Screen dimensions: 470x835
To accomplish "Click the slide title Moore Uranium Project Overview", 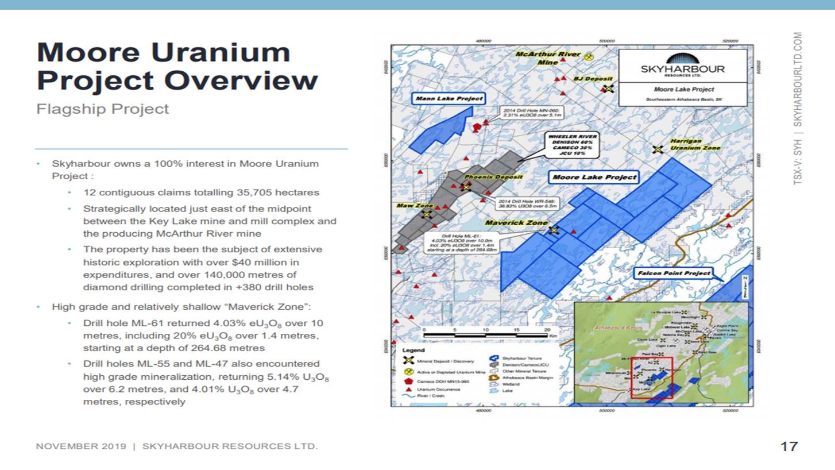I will coord(177,67).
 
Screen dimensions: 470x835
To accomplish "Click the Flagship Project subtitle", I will coord(103,109).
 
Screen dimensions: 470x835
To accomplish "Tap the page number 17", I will coord(789,446).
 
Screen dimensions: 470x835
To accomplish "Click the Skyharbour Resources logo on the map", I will coord(682,65).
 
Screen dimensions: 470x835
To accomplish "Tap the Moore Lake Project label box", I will coord(594,177).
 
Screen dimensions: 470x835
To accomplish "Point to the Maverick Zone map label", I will coord(516,222).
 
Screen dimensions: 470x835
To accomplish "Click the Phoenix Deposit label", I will coord(493,177).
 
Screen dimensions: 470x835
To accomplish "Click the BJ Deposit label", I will coord(594,79).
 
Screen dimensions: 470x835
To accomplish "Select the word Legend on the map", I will coord(413,350).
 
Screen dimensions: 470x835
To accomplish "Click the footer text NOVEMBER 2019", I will coord(81,446).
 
